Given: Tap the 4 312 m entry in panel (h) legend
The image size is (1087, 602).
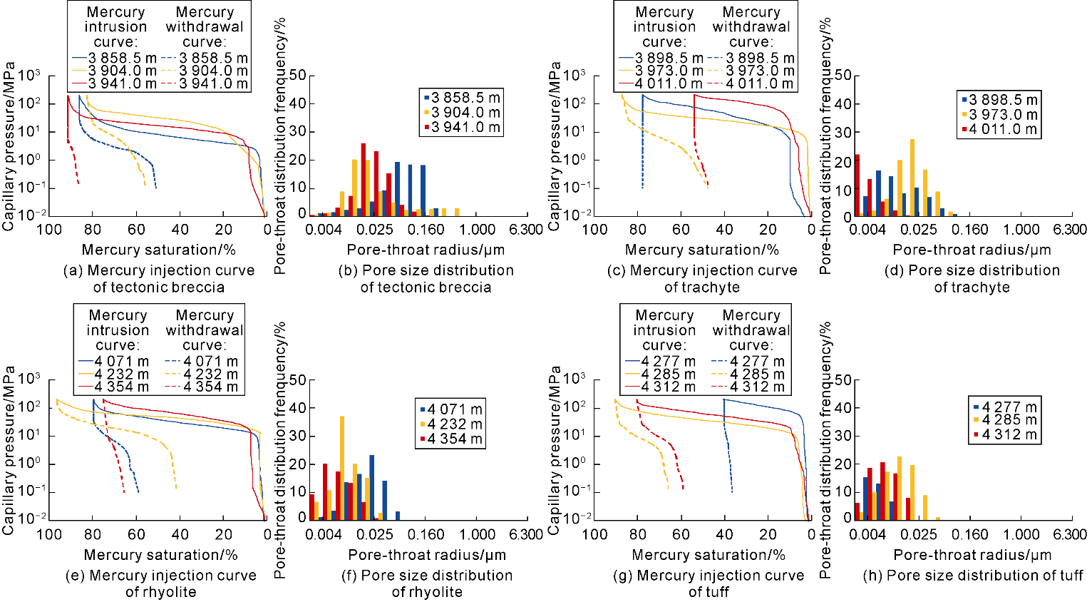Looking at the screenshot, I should point(1005,434).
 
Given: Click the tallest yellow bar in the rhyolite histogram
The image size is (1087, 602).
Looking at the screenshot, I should point(342,467).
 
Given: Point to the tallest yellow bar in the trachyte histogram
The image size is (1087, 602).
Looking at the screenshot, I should point(912,178).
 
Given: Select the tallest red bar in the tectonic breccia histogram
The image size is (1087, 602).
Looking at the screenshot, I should point(363,179).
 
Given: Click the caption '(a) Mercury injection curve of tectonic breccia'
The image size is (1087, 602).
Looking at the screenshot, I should point(158,279).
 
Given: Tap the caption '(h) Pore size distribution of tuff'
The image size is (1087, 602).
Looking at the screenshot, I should point(972,575).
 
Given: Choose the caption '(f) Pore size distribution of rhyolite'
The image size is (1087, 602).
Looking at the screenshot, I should point(426,583).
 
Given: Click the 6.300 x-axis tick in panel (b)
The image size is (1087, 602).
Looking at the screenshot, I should point(526,230).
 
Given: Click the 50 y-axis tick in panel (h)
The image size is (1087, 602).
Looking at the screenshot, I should point(843,380).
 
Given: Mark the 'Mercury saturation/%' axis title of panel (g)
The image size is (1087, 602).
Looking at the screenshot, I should point(708,555).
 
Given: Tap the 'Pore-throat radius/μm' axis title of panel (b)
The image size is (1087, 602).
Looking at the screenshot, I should point(426,250).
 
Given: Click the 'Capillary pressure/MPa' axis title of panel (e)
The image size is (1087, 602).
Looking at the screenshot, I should point(9,449).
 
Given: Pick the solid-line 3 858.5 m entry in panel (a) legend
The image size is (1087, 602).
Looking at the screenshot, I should point(114,58).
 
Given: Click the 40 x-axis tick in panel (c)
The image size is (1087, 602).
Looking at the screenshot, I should point(724,230).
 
